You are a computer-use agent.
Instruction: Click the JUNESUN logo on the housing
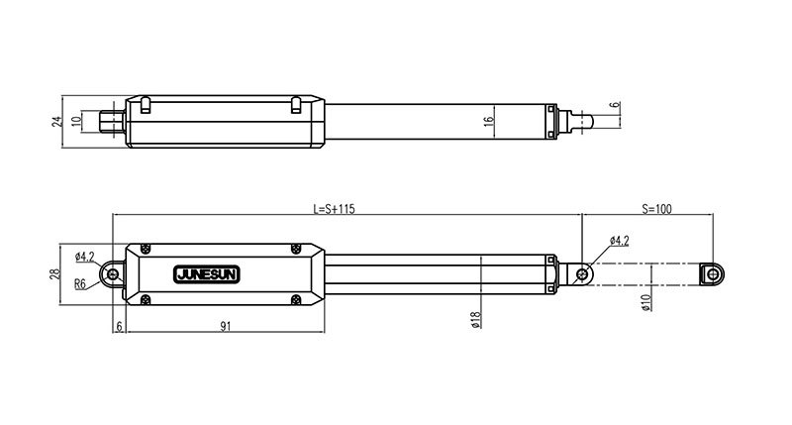[x=207, y=274]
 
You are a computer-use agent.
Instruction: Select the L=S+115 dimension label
[x=334, y=209]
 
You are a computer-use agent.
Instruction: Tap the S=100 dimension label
[x=656, y=209]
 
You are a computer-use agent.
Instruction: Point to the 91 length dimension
[x=226, y=327]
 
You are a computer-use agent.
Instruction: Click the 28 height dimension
[x=54, y=273]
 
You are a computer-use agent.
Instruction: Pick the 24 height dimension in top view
[x=57, y=121]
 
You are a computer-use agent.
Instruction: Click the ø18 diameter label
[x=475, y=319]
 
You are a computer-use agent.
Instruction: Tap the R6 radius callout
[x=80, y=284]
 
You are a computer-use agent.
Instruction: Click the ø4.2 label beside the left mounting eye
[x=84, y=257]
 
